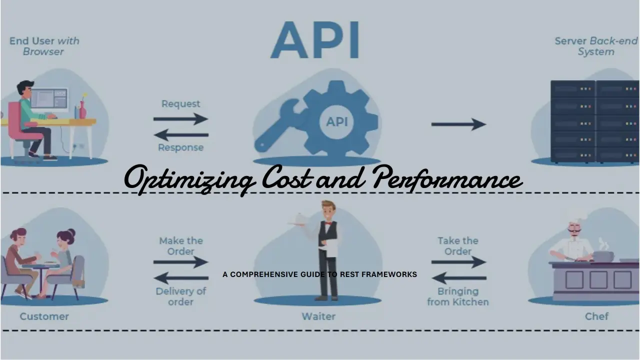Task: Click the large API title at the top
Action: pyautogui.click(x=315, y=39)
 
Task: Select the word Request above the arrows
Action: pyautogui.click(x=180, y=104)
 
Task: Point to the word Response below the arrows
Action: pyautogui.click(x=180, y=147)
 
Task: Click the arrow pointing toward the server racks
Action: pyautogui.click(x=458, y=124)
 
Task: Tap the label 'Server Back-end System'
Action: pyautogui.click(x=595, y=46)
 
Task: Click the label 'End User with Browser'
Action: pyautogui.click(x=44, y=46)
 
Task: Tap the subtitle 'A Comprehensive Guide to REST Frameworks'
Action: pyautogui.click(x=319, y=274)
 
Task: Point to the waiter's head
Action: pyautogui.click(x=328, y=210)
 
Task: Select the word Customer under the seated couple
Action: pyautogui.click(x=44, y=316)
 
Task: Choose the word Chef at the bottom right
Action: pyautogui.click(x=596, y=316)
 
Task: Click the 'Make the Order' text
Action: pyautogui.click(x=180, y=246)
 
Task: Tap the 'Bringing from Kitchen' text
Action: pyautogui.click(x=457, y=296)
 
